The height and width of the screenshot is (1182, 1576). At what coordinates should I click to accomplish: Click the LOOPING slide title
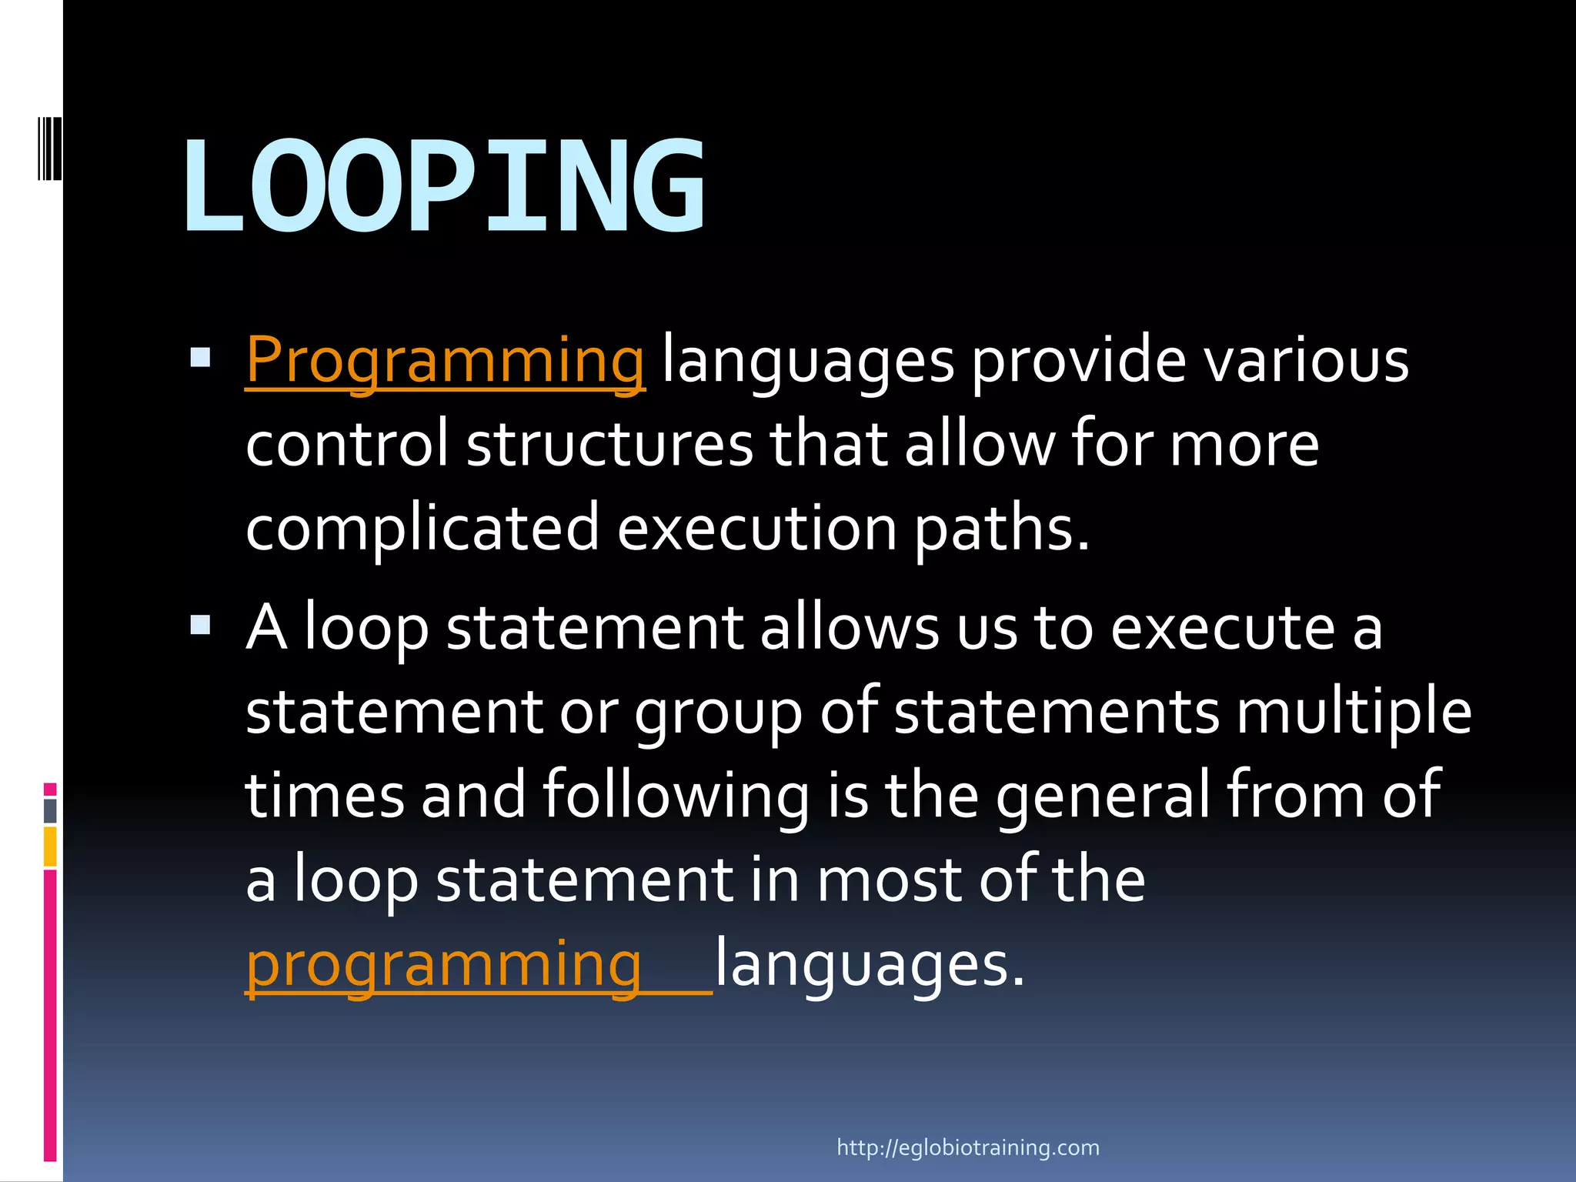click(444, 186)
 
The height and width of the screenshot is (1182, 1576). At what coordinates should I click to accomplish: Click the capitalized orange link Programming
click(445, 359)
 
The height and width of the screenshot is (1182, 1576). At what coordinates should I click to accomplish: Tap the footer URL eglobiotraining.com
click(967, 1147)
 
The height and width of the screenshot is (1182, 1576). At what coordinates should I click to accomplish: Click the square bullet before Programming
click(200, 357)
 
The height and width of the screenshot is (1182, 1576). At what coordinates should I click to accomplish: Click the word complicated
click(422, 528)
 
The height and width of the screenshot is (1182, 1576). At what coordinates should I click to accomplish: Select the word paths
click(1001, 528)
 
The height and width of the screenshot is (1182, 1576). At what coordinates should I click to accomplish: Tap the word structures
click(609, 444)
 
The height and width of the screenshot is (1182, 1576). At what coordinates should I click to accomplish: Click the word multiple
click(1354, 711)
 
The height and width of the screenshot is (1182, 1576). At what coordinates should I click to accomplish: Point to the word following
click(676, 795)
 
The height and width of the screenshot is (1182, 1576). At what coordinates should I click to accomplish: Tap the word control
click(346, 444)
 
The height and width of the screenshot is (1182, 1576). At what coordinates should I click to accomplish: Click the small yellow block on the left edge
click(50, 846)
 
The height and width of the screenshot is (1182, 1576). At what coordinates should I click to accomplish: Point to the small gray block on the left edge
click(50, 810)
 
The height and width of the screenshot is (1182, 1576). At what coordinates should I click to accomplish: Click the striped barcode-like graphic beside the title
click(49, 148)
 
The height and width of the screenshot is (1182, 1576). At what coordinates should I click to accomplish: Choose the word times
click(324, 795)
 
